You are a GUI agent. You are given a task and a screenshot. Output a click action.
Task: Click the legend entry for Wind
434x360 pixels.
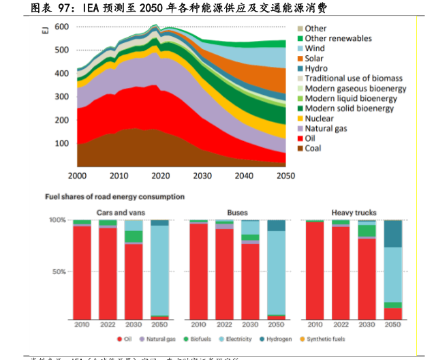[x=315, y=49]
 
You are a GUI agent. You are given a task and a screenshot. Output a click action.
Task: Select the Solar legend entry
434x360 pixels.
[x=314, y=59]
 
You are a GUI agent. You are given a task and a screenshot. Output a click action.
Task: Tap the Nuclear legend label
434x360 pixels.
[x=319, y=119]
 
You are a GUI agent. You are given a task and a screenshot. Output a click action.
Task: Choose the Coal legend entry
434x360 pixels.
[x=313, y=148]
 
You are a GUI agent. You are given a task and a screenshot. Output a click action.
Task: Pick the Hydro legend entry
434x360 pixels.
[x=315, y=69]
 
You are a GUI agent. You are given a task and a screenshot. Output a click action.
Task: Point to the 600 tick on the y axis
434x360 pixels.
[x=61, y=27]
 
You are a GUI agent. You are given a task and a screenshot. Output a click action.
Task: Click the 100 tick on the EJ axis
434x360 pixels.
[x=61, y=143]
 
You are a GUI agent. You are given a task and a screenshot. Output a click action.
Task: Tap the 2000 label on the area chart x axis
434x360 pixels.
[x=78, y=175]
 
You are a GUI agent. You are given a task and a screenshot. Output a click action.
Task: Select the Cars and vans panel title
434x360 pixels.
[x=121, y=213]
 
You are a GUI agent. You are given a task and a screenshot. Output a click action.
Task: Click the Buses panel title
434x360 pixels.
[x=238, y=213]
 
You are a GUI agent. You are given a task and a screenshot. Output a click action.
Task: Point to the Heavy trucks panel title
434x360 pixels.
[x=354, y=213]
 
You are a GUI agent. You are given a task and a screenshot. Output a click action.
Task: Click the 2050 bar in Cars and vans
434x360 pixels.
[x=160, y=270]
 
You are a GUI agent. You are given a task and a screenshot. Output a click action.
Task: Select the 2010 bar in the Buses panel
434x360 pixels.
[x=199, y=270]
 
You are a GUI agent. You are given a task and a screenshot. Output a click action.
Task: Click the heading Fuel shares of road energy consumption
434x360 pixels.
[x=114, y=197]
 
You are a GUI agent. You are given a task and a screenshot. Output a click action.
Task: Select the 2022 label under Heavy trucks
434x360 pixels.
[x=341, y=325]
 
